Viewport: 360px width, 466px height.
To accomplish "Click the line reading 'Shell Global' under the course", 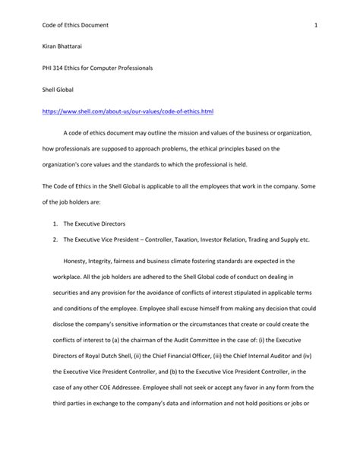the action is (x=58, y=90).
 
